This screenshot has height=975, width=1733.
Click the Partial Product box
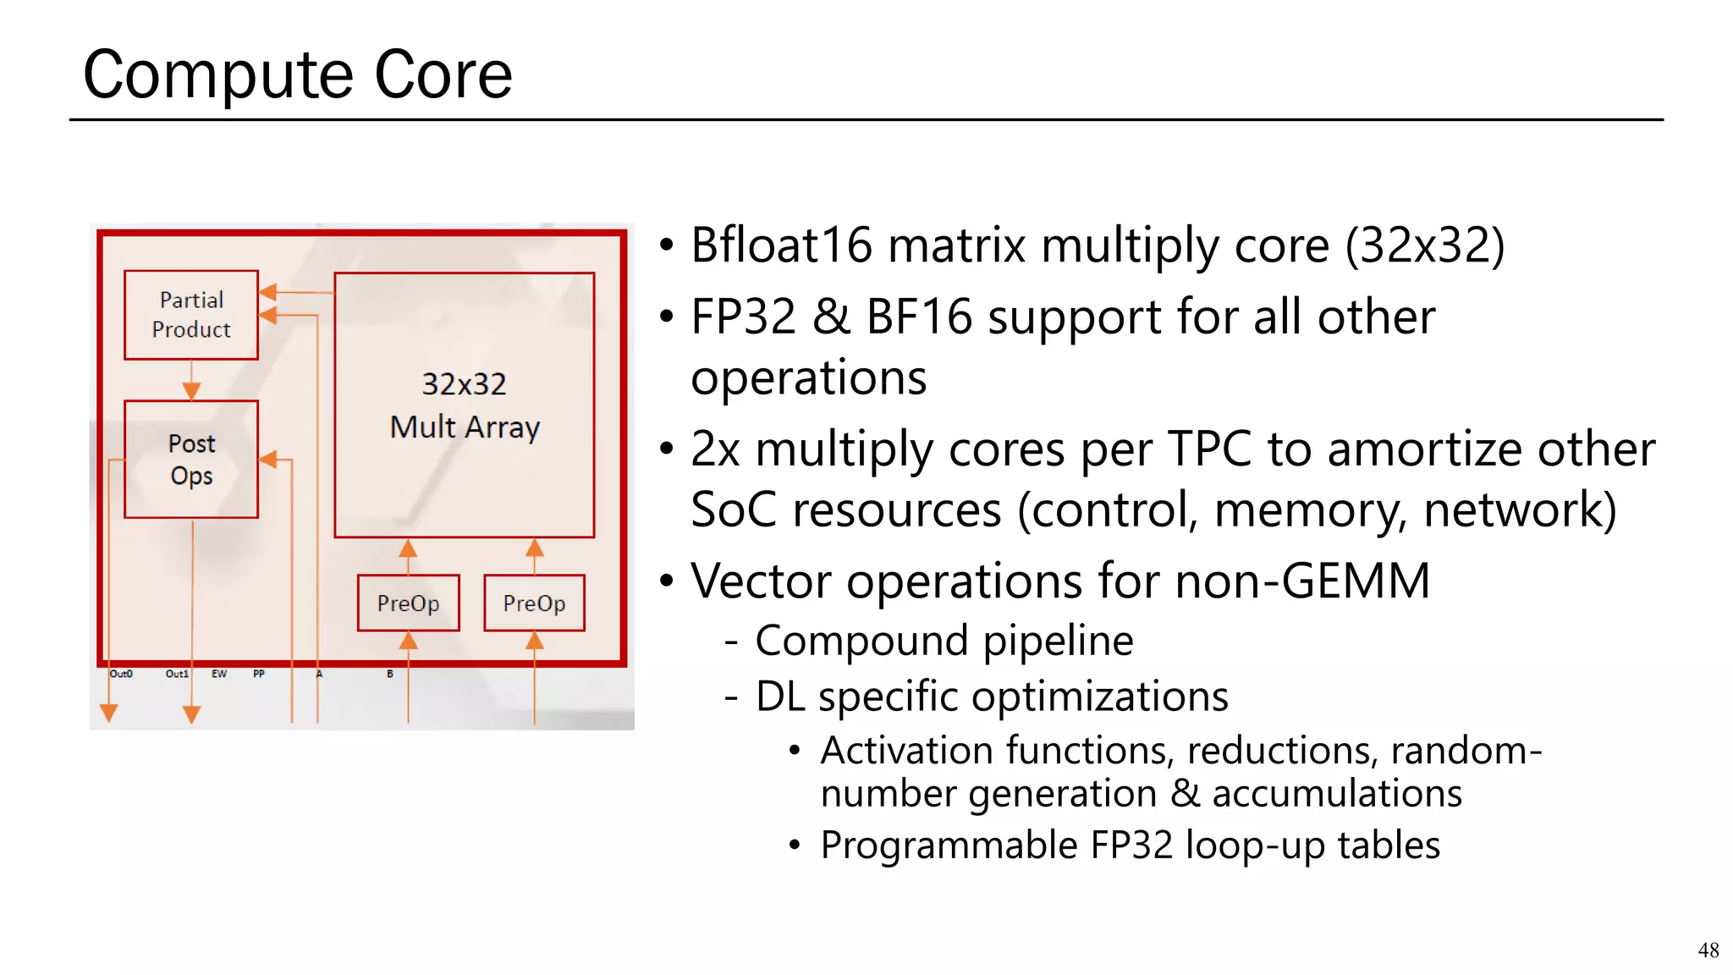click(x=191, y=315)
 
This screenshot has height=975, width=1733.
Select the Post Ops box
click(x=191, y=459)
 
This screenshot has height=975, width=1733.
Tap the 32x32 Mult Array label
click(x=465, y=405)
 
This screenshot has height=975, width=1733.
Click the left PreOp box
click(x=408, y=603)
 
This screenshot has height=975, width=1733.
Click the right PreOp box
click(x=534, y=603)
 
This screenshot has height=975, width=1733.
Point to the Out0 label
click(x=121, y=674)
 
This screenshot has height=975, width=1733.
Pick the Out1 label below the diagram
click(x=176, y=674)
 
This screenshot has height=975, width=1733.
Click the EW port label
click(x=219, y=674)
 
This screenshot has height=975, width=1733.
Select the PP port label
click(x=259, y=674)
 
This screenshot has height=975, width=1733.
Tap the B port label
click(x=390, y=674)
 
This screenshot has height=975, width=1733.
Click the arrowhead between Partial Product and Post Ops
click(x=191, y=390)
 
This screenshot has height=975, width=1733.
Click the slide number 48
click(x=1708, y=950)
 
